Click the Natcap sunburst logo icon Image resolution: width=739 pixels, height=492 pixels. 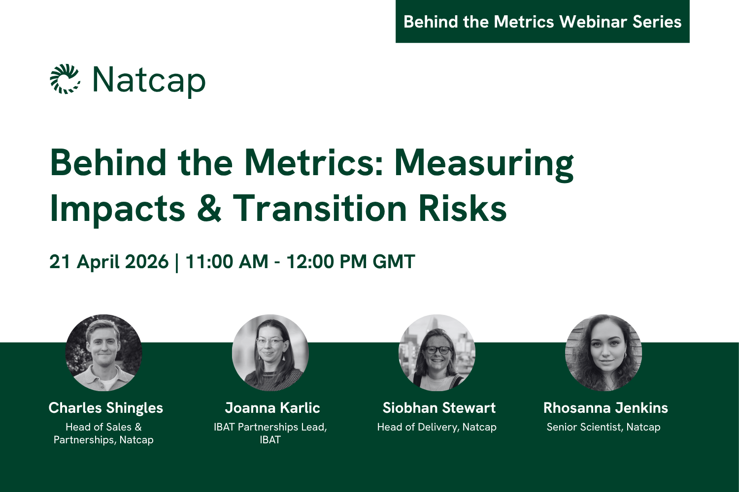click(x=65, y=79)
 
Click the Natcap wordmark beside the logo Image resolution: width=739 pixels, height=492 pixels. click(x=149, y=80)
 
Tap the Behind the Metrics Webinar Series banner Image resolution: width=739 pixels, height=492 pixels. click(x=542, y=22)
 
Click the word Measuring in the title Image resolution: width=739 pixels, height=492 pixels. click(x=484, y=163)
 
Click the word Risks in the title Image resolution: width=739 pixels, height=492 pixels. click(x=463, y=208)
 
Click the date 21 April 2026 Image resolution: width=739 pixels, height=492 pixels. click(x=109, y=262)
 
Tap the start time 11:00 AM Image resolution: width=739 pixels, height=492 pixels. click(x=227, y=262)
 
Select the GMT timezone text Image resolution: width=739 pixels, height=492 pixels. click(x=394, y=262)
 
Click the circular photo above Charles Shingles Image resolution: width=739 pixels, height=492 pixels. click(x=104, y=353)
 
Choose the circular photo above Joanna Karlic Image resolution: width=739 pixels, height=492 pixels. click(x=270, y=353)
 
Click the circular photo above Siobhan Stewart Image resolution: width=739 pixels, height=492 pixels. click(x=437, y=353)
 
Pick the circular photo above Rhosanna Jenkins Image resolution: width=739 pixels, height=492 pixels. click(x=604, y=353)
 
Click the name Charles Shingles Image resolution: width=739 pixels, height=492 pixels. click(x=105, y=408)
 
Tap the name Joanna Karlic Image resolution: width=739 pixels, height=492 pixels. click(x=272, y=408)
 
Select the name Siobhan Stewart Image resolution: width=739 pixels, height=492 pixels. click(x=438, y=408)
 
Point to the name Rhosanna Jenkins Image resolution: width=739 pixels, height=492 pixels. click(x=605, y=408)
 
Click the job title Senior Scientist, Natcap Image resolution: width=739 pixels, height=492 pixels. click(x=604, y=427)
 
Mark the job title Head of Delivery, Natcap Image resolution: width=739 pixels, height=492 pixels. click(x=437, y=427)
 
